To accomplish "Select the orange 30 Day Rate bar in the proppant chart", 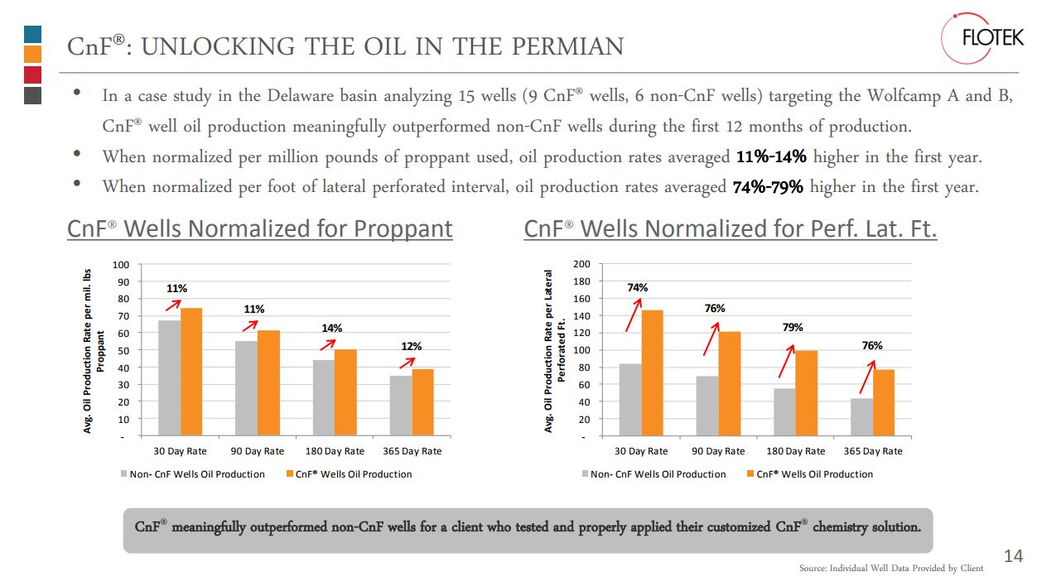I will pos(191,372).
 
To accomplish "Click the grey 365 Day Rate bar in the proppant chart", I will pos(401,406).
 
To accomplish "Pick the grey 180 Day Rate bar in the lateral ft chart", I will pos(784,412).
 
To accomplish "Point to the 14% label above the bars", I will pos(332,328).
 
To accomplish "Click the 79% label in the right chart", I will pos(793,327).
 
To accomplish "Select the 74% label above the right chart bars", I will pos(638,287).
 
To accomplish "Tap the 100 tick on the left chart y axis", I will pos(121,265).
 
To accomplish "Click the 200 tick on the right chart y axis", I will pos(582,264).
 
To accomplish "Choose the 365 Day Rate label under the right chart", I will pos(873,451).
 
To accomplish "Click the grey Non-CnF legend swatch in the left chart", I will pos(123,474).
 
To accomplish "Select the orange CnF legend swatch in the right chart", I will pos(750,474).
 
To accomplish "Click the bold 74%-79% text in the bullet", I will pos(768,187).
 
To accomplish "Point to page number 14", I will pos(1013,556).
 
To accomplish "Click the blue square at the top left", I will pos(33,34).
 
